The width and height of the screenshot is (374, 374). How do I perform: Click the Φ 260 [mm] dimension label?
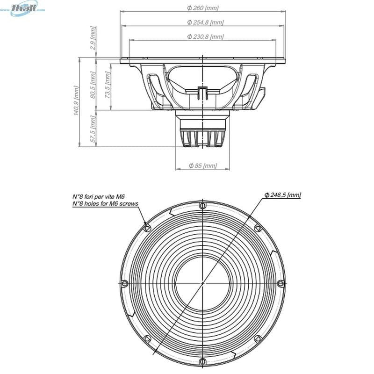pos(202,8)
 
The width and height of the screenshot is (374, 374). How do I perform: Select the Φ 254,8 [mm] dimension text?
pos(205,22)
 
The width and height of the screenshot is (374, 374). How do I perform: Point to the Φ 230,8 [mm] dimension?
pos(205,36)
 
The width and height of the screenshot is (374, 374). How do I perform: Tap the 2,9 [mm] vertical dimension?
pos(93,39)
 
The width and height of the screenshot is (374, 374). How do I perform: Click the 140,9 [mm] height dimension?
pos(76,101)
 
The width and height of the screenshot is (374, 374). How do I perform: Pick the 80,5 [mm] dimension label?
pos(93,85)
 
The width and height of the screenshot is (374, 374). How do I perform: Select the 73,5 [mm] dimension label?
pos(108,85)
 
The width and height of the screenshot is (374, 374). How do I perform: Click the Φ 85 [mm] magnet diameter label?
pos(202,165)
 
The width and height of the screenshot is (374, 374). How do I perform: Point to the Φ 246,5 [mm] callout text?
pos(282,194)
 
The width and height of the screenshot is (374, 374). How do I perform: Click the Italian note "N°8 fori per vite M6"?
pos(99,197)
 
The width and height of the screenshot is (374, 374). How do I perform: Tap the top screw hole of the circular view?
pos(202,205)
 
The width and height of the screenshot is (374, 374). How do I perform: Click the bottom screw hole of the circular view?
pos(202,361)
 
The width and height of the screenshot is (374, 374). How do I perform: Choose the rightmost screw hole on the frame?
pos(280,283)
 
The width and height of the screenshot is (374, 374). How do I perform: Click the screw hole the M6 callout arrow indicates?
pos(147,228)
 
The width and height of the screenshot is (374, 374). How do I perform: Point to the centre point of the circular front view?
pos(202,283)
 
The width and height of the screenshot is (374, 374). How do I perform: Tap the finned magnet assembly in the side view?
pos(202,136)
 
